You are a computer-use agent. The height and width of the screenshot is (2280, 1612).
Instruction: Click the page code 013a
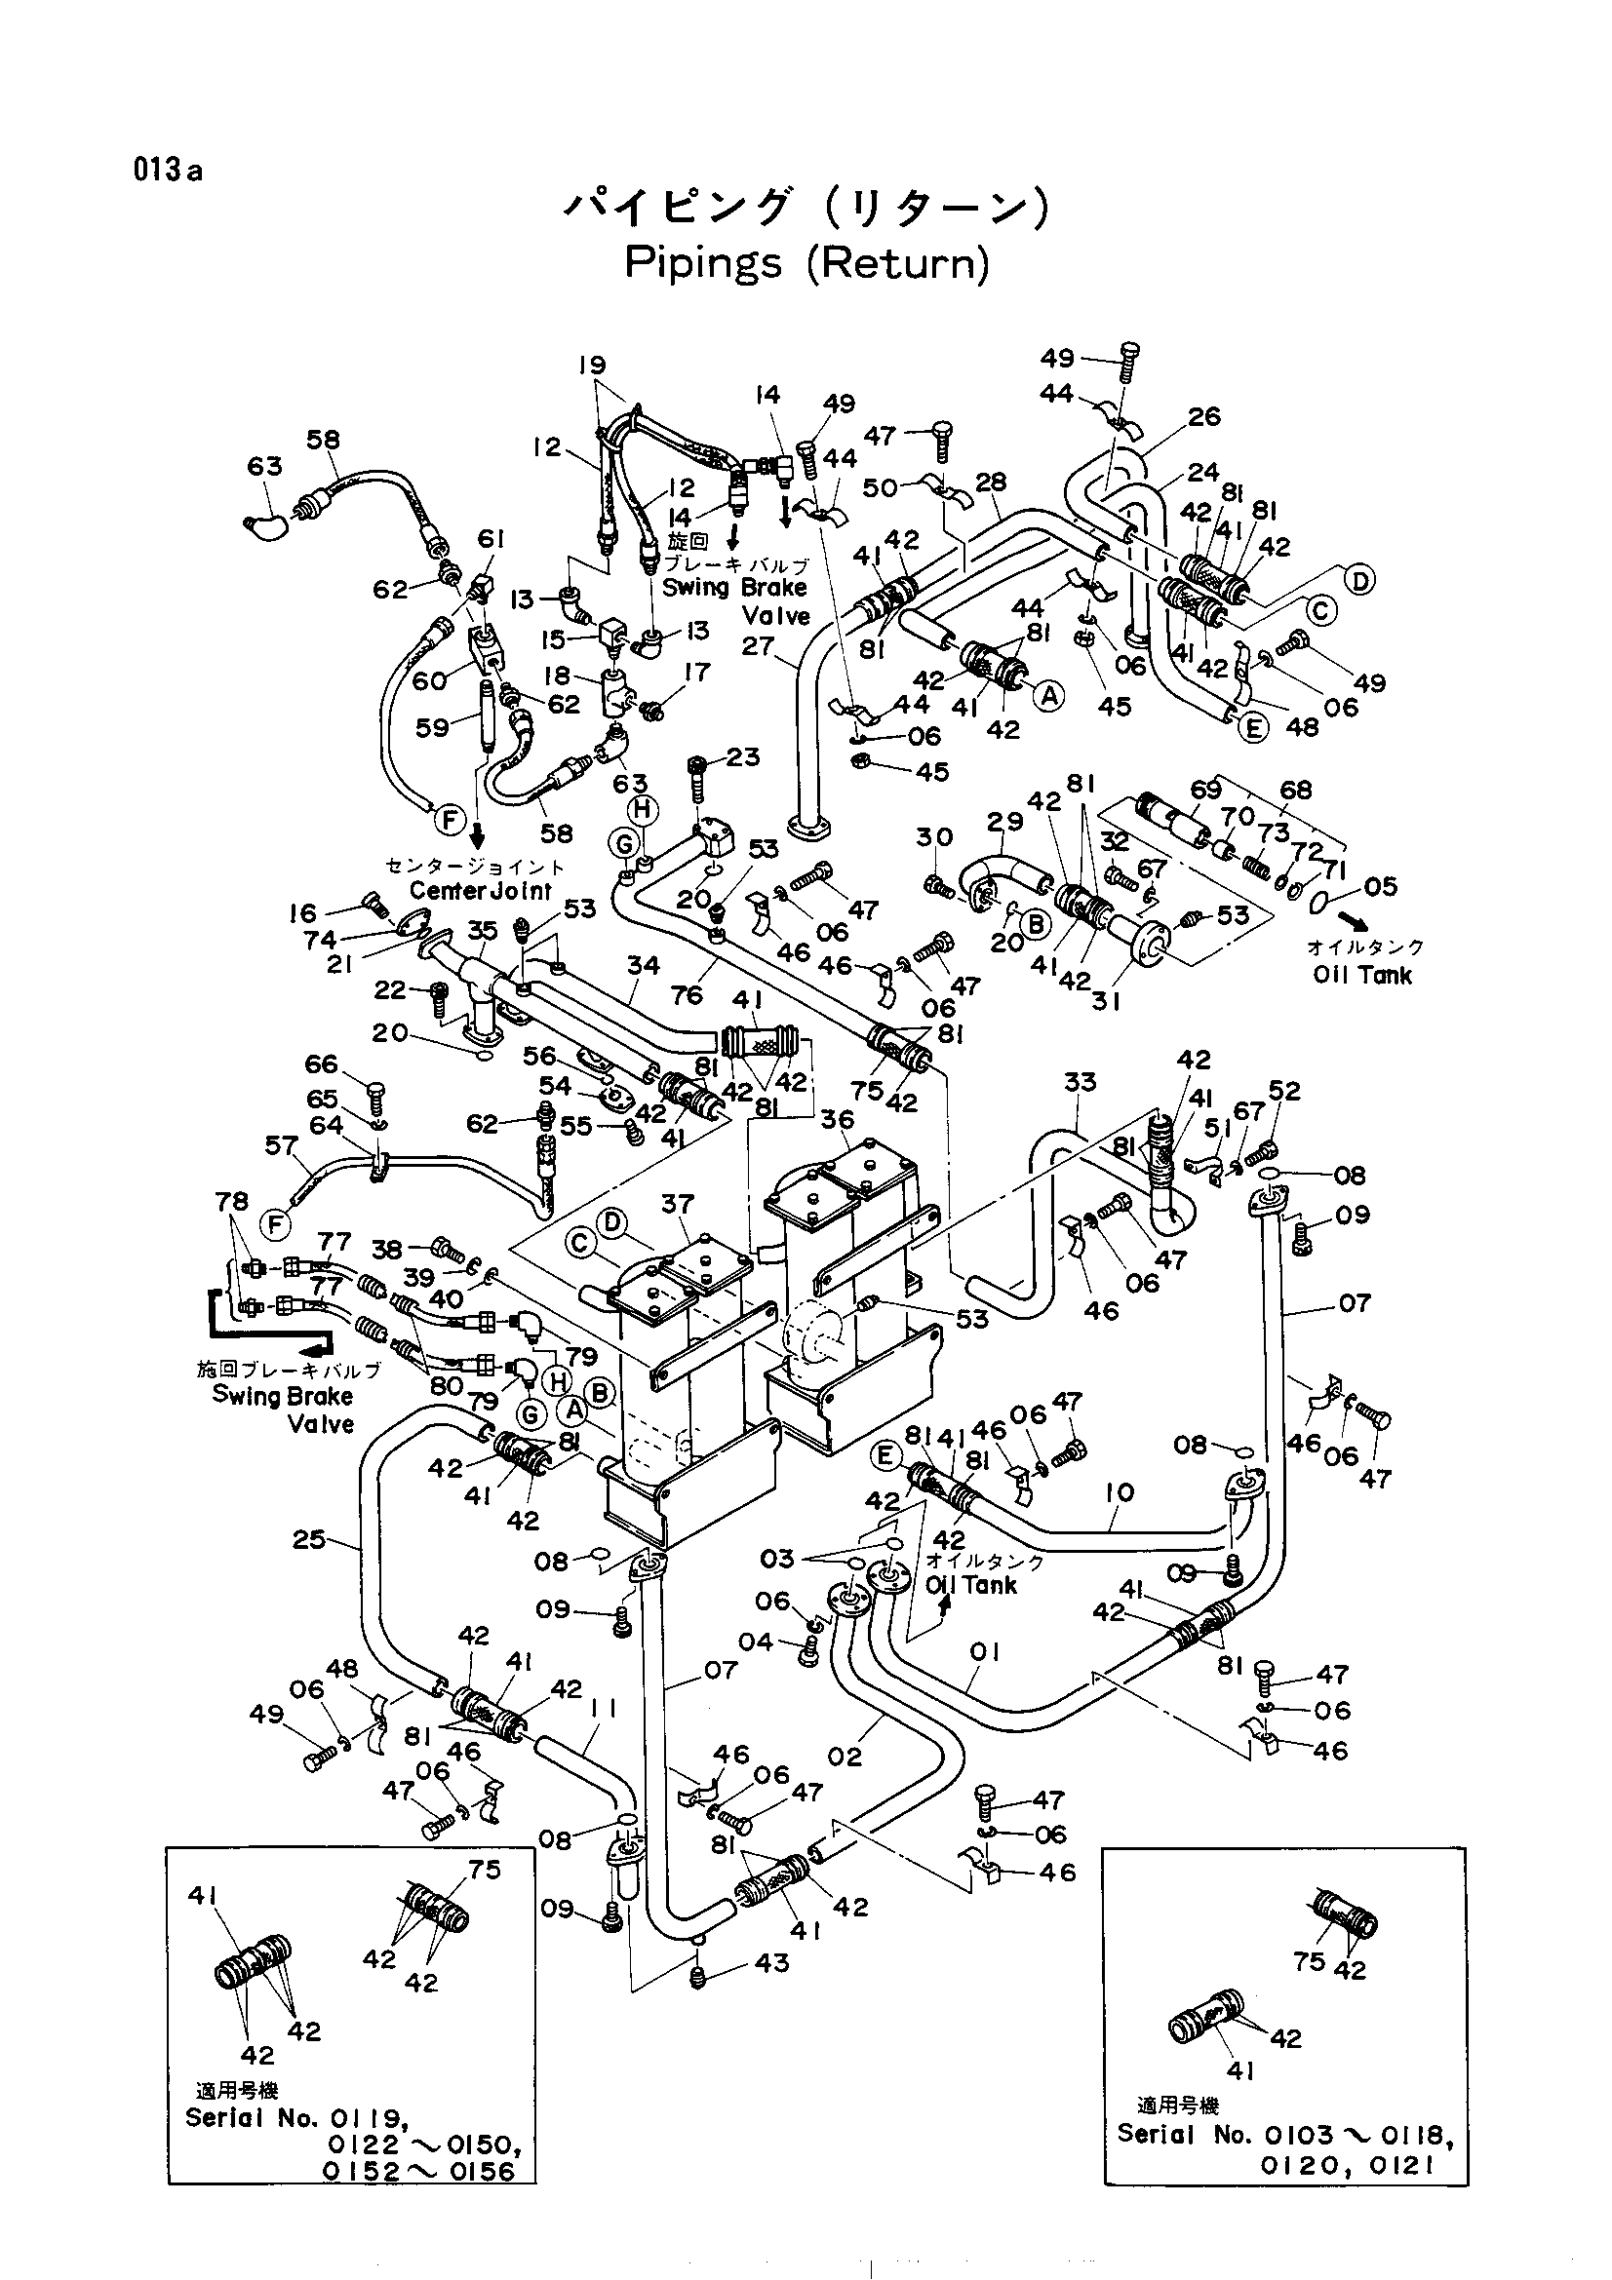[168, 171]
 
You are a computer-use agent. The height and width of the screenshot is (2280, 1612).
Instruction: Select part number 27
[757, 645]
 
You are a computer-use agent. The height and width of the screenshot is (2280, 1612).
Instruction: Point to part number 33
[1080, 1081]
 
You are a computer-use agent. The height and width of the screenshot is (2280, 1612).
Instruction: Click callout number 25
[309, 1539]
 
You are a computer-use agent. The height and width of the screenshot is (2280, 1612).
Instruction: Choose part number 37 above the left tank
[678, 1204]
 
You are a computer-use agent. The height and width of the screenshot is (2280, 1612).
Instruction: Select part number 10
[1119, 1492]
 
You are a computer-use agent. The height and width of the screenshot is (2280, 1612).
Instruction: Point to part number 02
[845, 1757]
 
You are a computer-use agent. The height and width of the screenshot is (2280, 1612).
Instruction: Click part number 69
[1205, 790]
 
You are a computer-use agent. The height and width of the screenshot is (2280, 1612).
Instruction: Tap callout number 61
[491, 539]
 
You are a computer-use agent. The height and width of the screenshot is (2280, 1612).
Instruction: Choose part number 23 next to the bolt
[743, 756]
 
